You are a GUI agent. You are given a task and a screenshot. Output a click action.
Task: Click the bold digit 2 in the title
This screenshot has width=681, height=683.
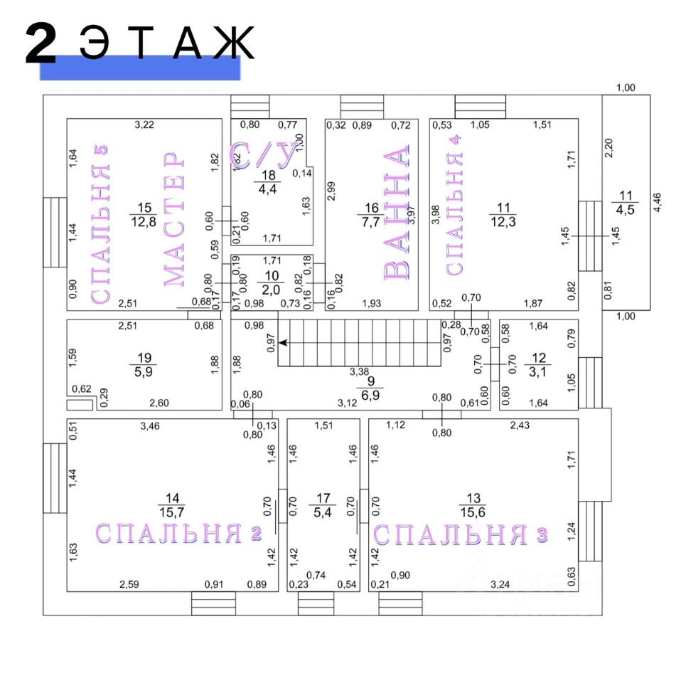point(41,43)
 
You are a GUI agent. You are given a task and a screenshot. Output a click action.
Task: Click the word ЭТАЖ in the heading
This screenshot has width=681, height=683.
point(167,43)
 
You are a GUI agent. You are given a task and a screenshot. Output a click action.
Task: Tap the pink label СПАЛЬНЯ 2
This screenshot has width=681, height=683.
point(178,532)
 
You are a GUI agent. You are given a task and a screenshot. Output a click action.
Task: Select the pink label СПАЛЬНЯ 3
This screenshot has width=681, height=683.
point(461,534)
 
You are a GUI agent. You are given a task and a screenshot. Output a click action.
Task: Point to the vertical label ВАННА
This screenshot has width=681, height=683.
point(397,213)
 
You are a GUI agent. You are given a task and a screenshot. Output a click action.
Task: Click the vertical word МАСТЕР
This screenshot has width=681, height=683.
point(174,218)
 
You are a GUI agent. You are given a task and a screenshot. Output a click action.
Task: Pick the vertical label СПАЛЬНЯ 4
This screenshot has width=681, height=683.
point(454,205)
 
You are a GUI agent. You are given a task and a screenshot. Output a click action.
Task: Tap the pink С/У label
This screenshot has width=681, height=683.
point(265,156)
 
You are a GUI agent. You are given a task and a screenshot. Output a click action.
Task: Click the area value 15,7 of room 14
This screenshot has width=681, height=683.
point(172,512)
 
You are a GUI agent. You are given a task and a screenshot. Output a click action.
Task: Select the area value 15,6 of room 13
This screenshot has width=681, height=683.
point(473,512)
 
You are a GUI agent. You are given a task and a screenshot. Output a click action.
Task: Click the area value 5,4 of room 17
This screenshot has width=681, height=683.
point(323,512)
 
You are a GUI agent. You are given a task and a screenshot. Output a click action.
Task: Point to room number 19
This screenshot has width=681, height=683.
point(144,358)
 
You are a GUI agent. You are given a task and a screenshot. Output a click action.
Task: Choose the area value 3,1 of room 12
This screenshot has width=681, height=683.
point(537,371)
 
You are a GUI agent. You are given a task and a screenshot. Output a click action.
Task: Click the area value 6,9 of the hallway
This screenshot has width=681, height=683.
point(370,395)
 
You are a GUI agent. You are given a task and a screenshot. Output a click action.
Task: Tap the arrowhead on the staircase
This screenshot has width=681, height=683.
point(283,343)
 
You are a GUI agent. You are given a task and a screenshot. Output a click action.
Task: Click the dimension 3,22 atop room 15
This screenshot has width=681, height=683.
point(144,125)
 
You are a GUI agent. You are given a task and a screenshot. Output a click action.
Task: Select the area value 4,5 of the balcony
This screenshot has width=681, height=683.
point(625,210)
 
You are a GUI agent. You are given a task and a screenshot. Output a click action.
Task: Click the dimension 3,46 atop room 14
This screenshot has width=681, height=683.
point(150,426)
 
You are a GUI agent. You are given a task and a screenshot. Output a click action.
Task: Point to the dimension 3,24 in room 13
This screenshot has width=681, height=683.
point(500,584)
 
